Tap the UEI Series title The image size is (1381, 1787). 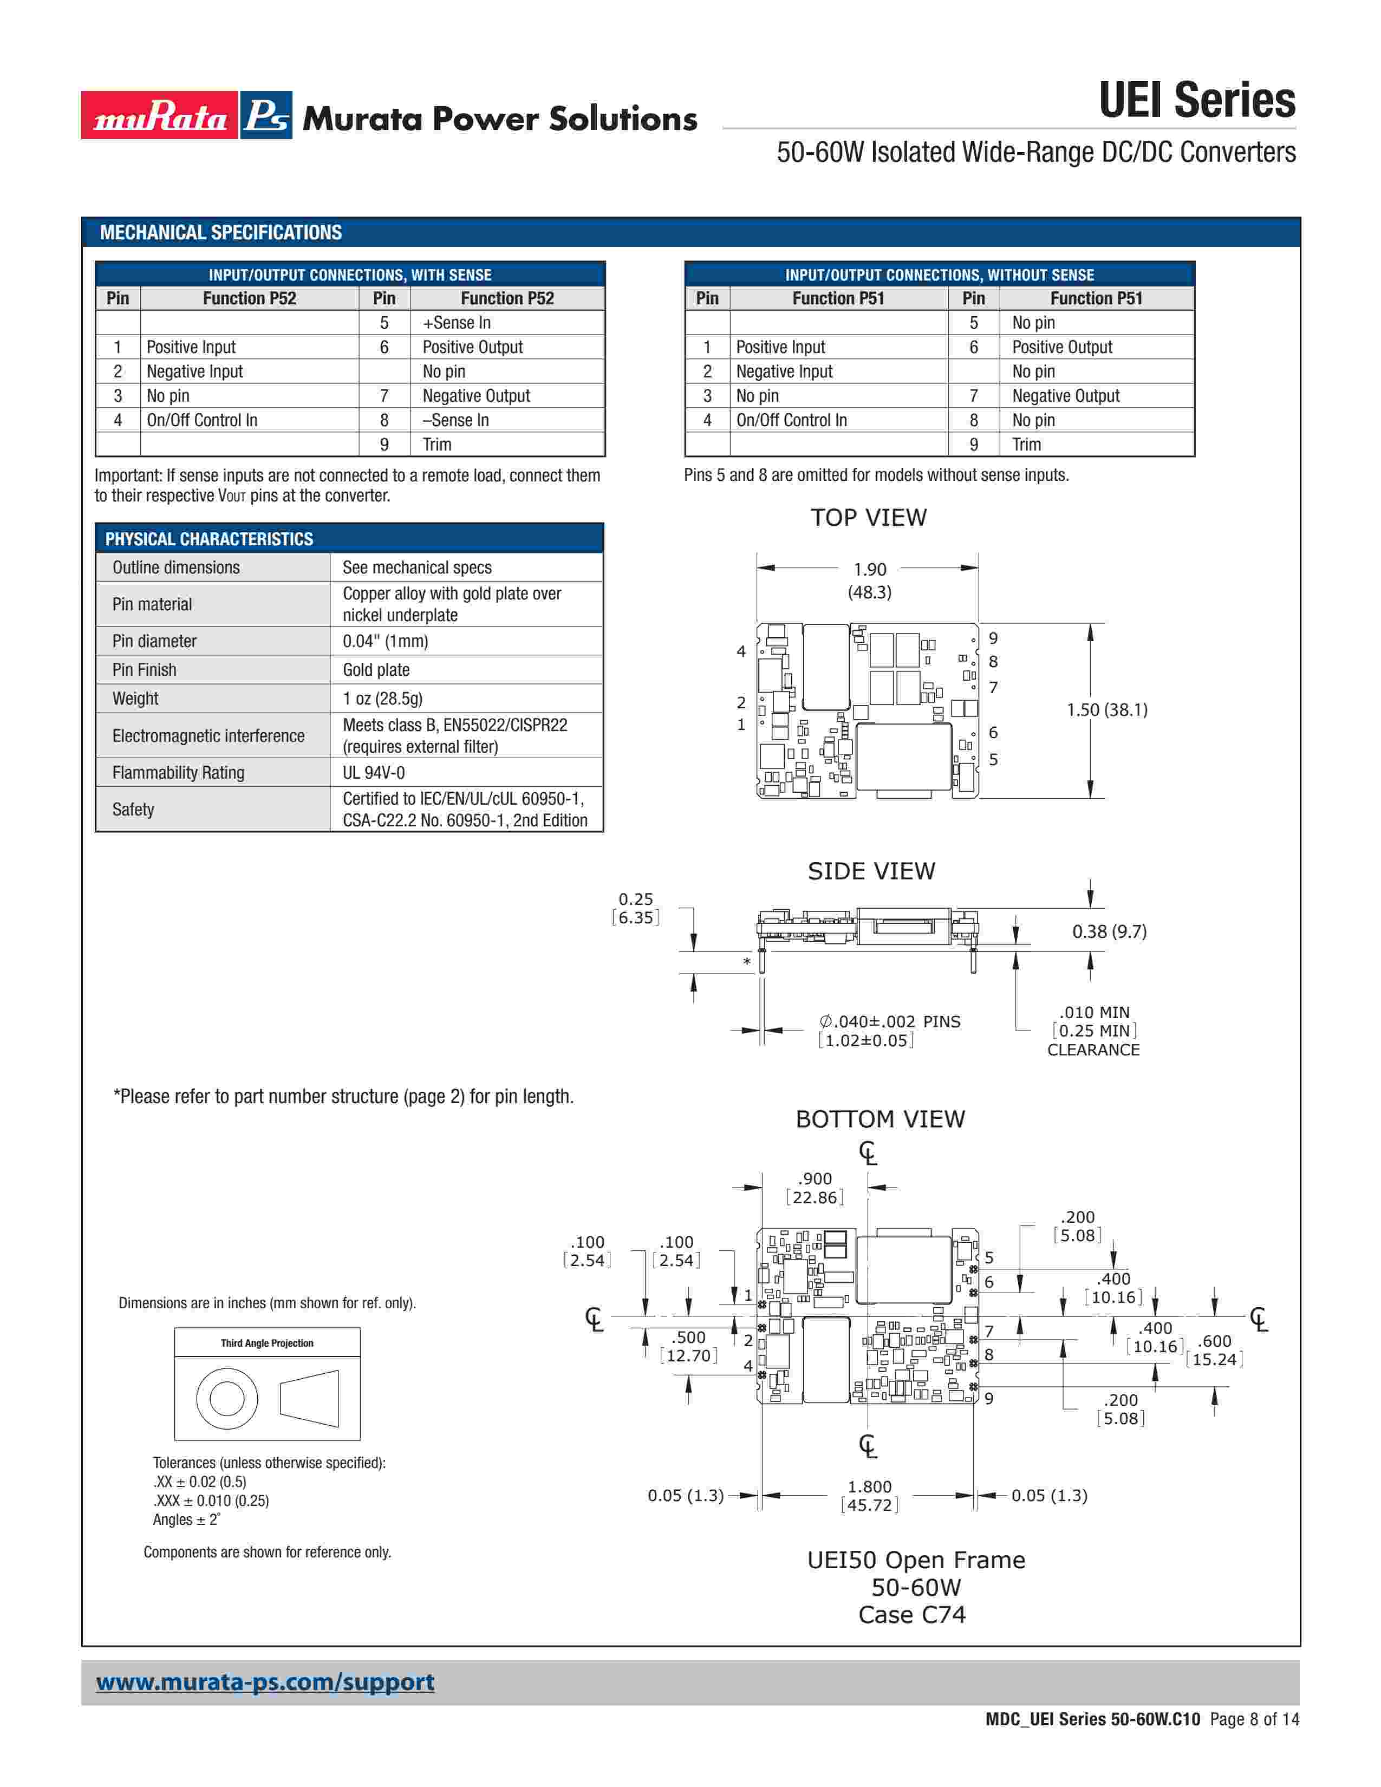click(1196, 101)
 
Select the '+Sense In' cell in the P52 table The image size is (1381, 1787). click(457, 322)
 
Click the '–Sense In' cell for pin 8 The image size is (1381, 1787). click(455, 420)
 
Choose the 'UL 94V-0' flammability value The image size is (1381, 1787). click(373, 772)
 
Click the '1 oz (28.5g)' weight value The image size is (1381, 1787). click(382, 698)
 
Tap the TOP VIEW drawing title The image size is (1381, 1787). click(868, 517)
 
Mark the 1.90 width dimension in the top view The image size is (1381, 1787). click(869, 570)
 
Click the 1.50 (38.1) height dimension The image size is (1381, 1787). click(1106, 709)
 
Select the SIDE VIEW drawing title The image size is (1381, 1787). click(870, 871)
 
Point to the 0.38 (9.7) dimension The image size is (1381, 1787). click(1109, 931)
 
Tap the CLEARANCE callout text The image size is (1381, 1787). click(1093, 1050)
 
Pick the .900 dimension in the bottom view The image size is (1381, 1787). click(815, 1178)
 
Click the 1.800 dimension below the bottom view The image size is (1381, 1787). click(869, 1486)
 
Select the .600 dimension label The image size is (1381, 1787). click(1214, 1341)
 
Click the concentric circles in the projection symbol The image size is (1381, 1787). click(226, 1398)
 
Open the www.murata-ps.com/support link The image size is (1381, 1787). click(265, 1682)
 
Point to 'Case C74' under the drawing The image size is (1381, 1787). click(911, 1614)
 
